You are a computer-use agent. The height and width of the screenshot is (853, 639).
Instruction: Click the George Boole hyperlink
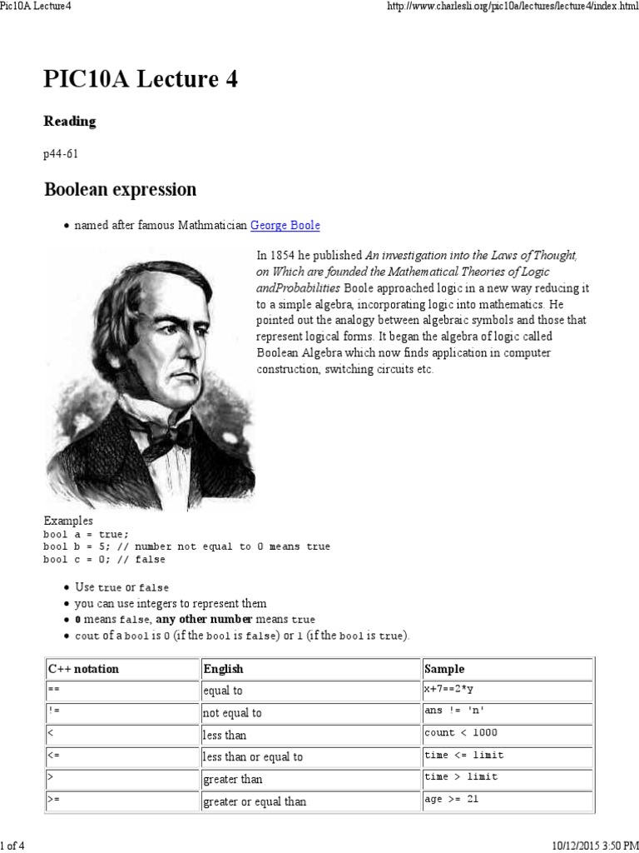pos(285,226)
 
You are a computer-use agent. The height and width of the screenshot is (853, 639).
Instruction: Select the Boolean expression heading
pos(120,189)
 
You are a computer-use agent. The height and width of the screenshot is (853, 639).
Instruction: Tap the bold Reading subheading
pos(70,122)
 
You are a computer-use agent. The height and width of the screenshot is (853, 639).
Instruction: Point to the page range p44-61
pos(61,154)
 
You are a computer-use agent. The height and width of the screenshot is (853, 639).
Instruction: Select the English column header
pos(224,669)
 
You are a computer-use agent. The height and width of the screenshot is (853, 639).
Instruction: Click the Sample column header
pos(445,669)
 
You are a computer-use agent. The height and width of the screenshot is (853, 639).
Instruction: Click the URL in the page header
pos(508,7)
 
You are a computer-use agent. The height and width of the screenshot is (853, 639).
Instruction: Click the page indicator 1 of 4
pos(15,846)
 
